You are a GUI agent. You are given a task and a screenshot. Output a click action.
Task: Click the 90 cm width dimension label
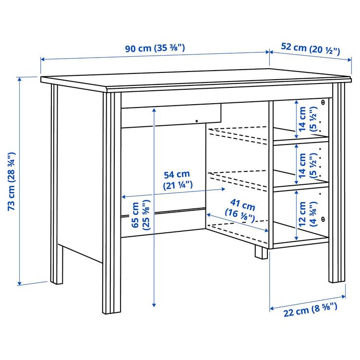click(155, 48)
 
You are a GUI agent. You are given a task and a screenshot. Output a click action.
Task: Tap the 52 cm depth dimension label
click(311, 49)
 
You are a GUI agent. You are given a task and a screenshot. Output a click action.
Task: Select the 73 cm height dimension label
click(12, 181)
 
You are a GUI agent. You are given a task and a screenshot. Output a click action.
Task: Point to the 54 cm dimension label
click(177, 180)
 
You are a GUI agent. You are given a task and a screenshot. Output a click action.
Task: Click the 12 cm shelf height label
click(308, 214)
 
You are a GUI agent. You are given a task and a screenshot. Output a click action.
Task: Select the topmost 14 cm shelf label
click(308, 119)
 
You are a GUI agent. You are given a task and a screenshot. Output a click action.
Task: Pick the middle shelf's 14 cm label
click(308, 165)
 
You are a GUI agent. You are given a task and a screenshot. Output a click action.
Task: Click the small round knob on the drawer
click(196, 121)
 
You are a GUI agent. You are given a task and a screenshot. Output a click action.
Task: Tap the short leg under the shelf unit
click(261, 252)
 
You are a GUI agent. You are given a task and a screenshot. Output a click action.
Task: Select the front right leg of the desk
click(337, 182)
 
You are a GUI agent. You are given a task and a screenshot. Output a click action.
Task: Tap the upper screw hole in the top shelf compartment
click(323, 102)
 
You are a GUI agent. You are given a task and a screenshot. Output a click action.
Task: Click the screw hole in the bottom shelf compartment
click(323, 219)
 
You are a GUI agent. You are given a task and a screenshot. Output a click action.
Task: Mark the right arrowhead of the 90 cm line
click(267, 52)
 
